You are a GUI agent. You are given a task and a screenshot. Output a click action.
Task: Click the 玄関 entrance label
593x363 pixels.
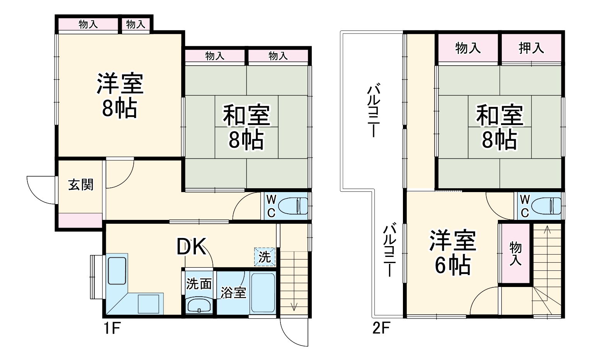pos(81,185)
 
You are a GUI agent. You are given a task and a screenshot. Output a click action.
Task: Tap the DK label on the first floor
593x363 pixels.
pos(191,247)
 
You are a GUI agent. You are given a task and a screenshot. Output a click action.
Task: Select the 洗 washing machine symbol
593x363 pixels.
pos(265,257)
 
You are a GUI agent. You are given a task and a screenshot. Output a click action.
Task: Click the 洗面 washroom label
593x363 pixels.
pos(199,284)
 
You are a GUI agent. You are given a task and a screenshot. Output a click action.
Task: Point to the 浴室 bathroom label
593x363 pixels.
pos(233,292)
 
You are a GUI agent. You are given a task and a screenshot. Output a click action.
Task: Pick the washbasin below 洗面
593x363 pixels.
pos(199,306)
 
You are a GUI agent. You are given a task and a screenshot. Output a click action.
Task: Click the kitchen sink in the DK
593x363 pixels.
pos(116,270)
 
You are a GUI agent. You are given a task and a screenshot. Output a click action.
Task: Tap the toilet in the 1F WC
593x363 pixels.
pos(294,205)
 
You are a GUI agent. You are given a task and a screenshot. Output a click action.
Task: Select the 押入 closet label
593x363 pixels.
pos(531,48)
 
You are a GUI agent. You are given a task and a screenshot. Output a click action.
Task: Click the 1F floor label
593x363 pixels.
pos(112,329)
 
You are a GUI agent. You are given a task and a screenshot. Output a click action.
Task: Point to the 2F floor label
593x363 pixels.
pos(381,329)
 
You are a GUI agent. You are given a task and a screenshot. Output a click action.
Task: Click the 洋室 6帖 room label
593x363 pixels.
pos(453,253)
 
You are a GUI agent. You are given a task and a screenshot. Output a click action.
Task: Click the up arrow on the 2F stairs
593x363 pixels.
pos(547,231)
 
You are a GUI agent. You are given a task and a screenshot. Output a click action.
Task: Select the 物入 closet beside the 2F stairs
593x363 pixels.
pos(515,253)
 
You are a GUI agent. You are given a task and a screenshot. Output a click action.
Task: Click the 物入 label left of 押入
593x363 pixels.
pos(468,48)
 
